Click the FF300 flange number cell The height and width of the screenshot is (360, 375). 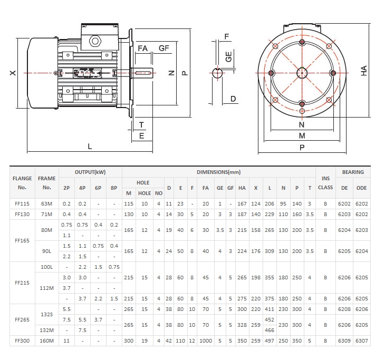[22, 341]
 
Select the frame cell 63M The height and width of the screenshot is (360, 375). [47, 203]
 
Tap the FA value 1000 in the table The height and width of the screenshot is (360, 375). [206, 341]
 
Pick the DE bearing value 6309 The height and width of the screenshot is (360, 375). [344, 341]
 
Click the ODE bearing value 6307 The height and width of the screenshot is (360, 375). [361, 341]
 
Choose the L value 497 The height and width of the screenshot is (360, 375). [270, 341]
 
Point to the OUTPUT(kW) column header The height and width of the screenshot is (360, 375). [91, 172]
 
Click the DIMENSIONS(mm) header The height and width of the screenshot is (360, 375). [218, 172]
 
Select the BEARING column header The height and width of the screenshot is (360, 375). [353, 172]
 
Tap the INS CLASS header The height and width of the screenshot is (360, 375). [325, 183]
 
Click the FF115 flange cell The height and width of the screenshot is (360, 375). [22, 203]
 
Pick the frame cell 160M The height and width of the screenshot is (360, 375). [47, 341]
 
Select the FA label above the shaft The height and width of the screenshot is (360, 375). [143, 48]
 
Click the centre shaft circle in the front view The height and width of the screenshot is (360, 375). [301, 73]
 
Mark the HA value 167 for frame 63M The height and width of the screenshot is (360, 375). [242, 203]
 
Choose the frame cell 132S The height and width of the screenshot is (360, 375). [47, 314]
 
